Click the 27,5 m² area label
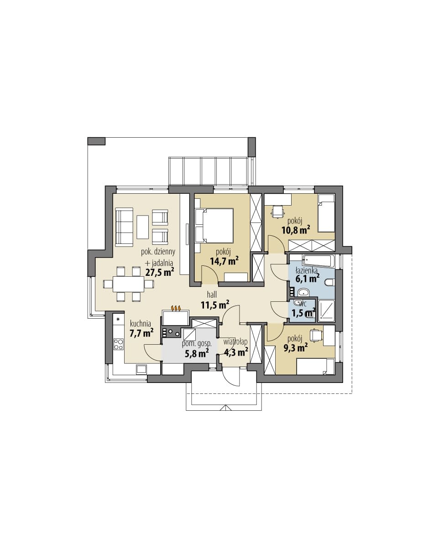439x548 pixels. tap(160, 272)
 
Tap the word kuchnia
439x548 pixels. tap(140, 324)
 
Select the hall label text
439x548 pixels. tap(212, 295)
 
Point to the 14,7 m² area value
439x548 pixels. tap(225, 261)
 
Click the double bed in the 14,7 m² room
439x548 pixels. tap(214, 226)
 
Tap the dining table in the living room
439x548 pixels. tap(128, 284)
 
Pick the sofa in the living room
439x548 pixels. tap(124, 227)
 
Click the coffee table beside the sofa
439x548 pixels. tap(142, 227)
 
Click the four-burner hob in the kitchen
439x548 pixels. tap(118, 344)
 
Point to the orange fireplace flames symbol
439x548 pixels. tap(176, 308)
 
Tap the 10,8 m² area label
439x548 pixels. tap(296, 230)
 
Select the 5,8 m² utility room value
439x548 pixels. tap(197, 353)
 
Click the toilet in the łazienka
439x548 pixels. tap(330, 282)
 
